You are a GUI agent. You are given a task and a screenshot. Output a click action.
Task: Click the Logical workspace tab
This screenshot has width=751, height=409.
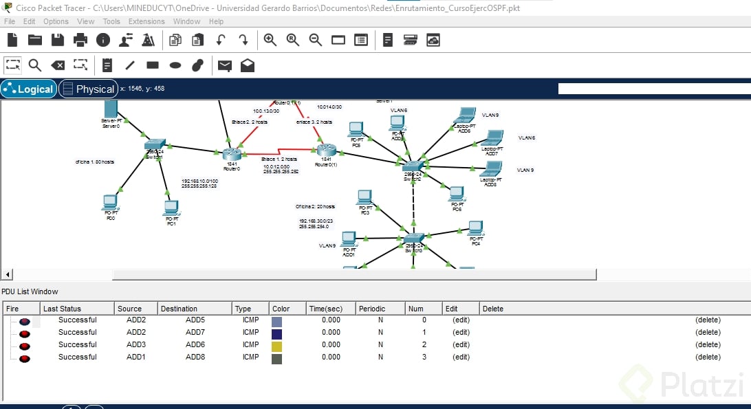tap(29, 89)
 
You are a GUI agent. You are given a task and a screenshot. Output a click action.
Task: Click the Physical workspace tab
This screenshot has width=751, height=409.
tap(88, 89)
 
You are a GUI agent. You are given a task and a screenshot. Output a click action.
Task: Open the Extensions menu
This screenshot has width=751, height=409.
tap(146, 21)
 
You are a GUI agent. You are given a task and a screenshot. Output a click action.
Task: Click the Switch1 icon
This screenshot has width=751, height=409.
tap(155, 145)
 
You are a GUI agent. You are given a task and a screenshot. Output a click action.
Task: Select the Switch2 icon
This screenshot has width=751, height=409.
tap(413, 166)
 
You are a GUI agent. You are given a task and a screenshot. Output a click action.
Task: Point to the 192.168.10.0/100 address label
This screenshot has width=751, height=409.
tap(199, 181)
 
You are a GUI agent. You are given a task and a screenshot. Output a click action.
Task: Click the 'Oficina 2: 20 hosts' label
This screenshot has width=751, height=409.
tap(315, 206)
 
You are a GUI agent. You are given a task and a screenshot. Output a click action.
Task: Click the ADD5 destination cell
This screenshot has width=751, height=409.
tap(195, 320)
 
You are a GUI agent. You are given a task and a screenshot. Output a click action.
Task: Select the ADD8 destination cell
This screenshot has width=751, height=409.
tap(195, 357)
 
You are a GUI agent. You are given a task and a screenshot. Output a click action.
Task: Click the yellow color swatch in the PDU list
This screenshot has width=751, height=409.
tap(277, 344)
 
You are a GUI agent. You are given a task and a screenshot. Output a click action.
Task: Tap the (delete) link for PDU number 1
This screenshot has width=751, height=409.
tap(708, 332)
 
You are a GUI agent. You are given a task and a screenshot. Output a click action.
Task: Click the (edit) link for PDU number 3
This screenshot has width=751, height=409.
tap(460, 357)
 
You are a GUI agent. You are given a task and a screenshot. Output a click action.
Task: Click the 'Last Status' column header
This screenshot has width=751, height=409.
tap(62, 309)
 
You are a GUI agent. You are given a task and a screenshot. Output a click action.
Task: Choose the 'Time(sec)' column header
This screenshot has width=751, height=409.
tap(325, 309)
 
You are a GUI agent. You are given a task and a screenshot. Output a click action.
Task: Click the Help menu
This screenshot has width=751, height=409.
tap(216, 21)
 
